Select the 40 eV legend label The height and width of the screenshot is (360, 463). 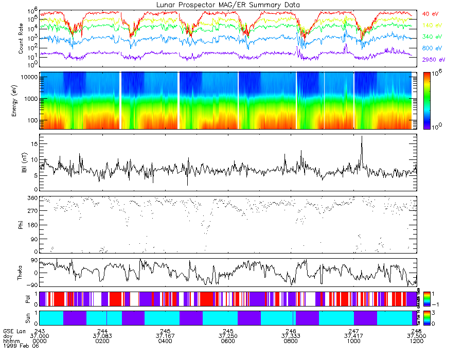[x=431, y=14]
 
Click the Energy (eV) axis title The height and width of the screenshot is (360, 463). [x=21, y=101]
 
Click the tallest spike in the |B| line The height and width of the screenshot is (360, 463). [x=362, y=137]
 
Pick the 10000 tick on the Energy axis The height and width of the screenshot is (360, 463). [x=28, y=77]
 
